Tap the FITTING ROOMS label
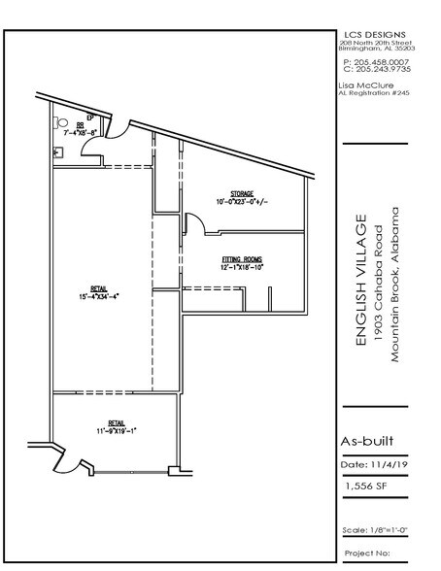[x=243, y=259]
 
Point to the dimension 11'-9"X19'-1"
[x=116, y=429]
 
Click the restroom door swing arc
[x=88, y=146]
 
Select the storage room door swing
[x=193, y=227]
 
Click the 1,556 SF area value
[x=363, y=480]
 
